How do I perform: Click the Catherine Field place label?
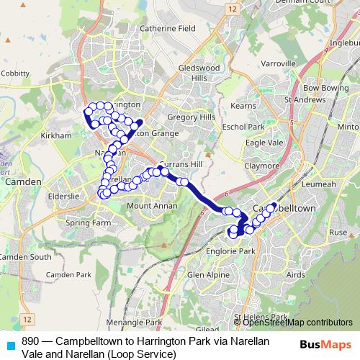coord(168,28)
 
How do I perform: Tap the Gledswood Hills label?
coord(197,72)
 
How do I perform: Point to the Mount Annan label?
coord(148,207)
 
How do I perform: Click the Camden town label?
coord(19,183)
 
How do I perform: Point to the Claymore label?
coord(261,166)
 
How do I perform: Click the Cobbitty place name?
coord(14,73)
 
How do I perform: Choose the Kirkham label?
coord(55,135)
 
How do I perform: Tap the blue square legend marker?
coord(9,344)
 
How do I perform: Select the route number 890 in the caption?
coord(31,340)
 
